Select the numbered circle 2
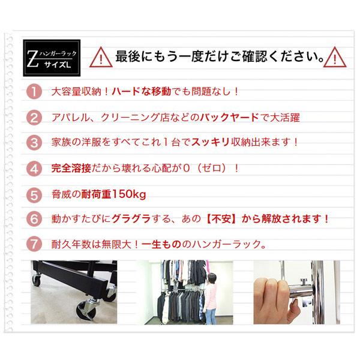coord(35,118)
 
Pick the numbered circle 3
coord(35,143)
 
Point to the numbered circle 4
coord(35,169)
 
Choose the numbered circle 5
coord(35,195)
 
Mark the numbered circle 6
coord(35,220)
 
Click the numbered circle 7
coord(35,245)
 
